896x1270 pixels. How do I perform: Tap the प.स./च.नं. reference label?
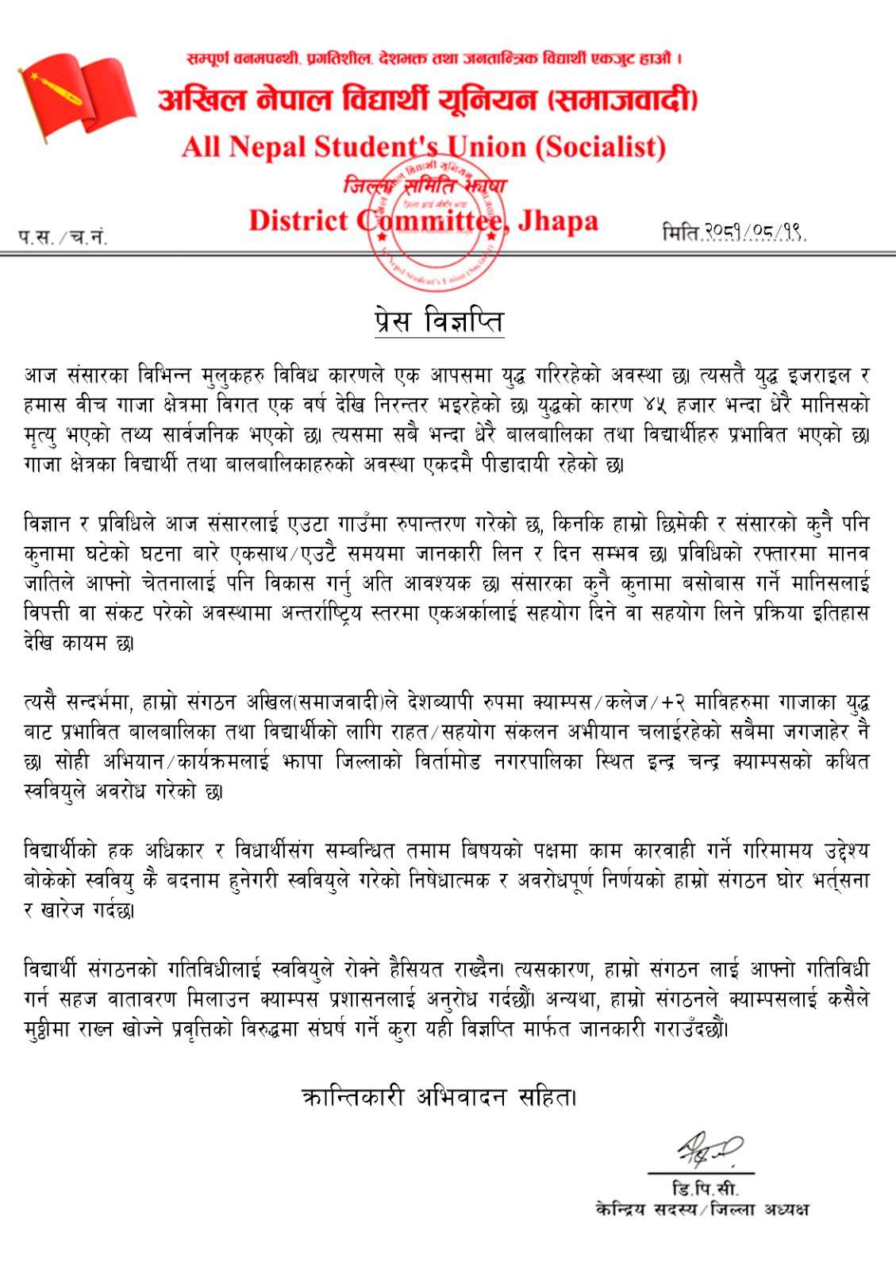pos(63,237)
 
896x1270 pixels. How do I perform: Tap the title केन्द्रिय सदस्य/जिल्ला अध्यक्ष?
pos(702,1209)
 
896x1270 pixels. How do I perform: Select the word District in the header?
pos(298,221)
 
